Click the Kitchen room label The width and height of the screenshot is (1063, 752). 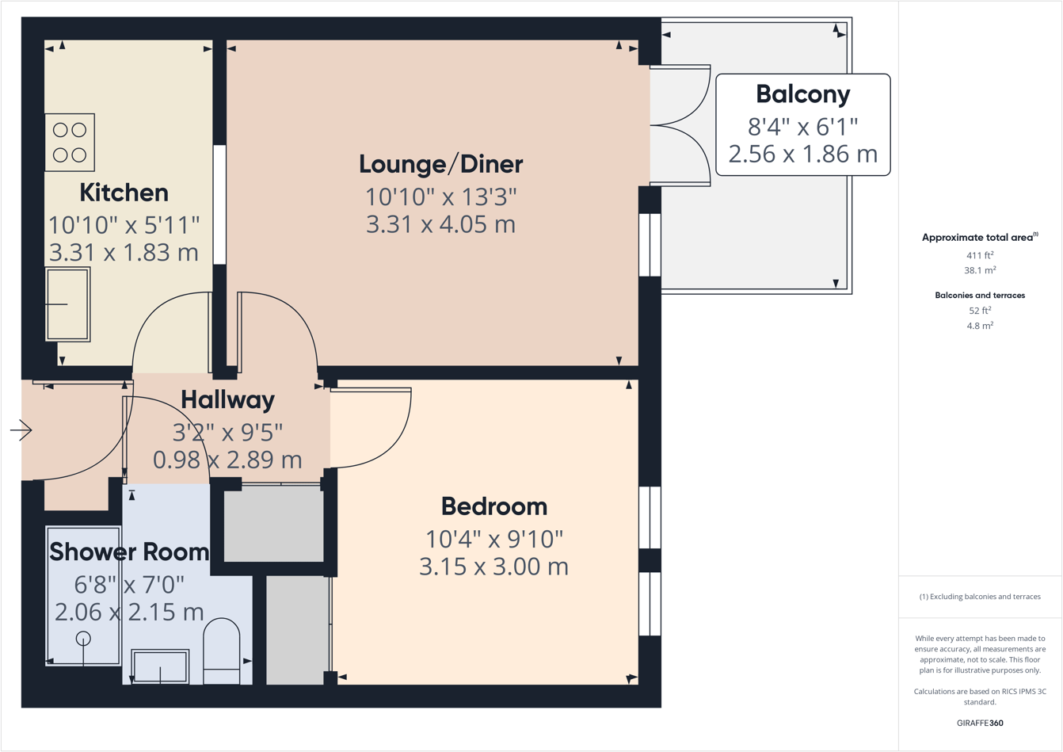click(124, 193)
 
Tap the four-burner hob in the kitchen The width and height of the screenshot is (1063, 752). click(70, 143)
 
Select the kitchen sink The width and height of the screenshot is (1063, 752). click(68, 304)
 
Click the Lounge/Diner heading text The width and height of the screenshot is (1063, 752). click(440, 164)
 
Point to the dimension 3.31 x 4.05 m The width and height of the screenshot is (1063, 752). click(440, 224)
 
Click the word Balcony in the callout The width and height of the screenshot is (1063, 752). click(802, 94)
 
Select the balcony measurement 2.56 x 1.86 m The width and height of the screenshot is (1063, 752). click(802, 154)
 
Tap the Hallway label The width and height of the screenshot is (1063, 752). click(227, 399)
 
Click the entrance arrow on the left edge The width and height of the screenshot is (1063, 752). click(21, 430)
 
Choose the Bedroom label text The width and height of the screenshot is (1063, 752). click(493, 506)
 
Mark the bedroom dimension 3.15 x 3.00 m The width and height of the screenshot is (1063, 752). click(493, 567)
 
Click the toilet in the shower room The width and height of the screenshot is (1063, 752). click(222, 651)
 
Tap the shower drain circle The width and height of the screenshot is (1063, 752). click(83, 639)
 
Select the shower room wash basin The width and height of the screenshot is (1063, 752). click(160, 666)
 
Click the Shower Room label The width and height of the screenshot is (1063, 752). click(129, 552)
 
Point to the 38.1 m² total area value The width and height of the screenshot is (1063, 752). click(979, 270)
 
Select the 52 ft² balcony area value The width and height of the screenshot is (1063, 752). click(979, 311)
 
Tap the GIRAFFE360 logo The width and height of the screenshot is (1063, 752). click(980, 723)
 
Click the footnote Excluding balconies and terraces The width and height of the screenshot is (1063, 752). click(980, 597)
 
